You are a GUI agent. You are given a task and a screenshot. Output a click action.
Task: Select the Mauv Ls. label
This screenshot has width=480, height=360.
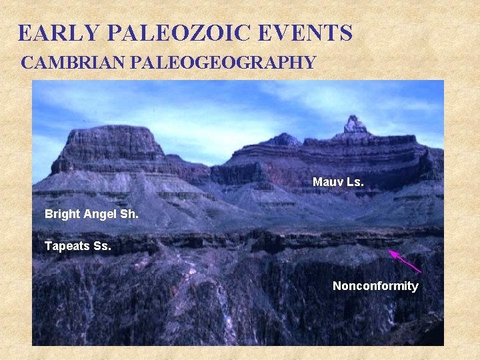338,181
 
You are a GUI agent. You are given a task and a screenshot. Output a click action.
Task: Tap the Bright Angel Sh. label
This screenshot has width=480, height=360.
91,214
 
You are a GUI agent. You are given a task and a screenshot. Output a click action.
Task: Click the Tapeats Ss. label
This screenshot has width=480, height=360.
78,246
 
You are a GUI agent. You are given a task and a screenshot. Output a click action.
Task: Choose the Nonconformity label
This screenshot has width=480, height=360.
375,286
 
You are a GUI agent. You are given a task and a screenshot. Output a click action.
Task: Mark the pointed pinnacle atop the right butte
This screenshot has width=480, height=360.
354,124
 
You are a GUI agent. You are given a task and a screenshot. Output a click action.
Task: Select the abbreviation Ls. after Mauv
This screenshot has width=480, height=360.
356,181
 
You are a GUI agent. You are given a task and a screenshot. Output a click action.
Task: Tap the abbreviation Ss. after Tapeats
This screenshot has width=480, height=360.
103,246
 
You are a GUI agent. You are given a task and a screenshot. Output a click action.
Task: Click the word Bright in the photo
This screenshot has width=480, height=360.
62,214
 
